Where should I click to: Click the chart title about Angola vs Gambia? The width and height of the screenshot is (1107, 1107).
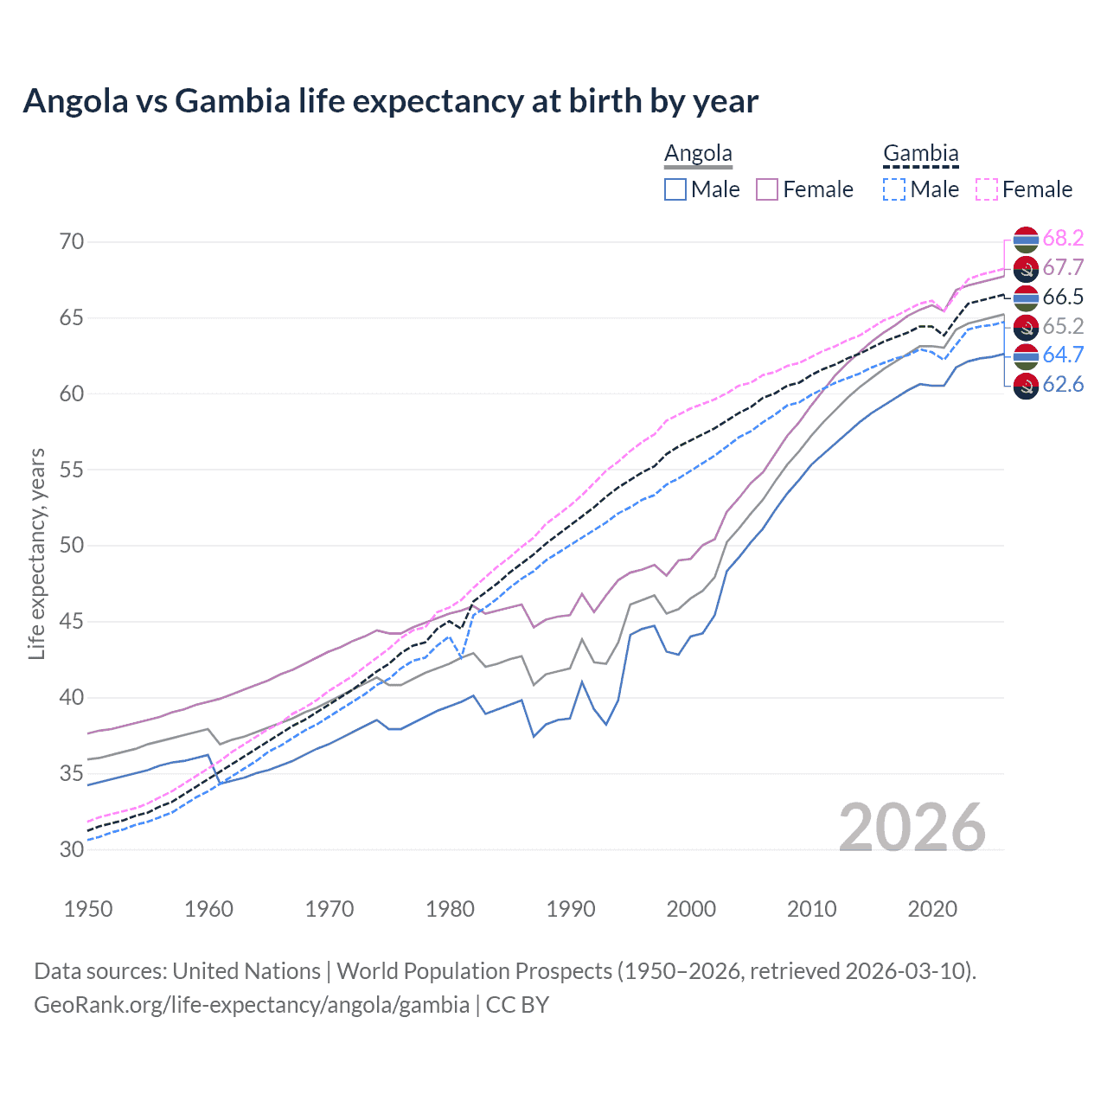pos(390,101)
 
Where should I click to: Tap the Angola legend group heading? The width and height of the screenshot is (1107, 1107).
pos(698,154)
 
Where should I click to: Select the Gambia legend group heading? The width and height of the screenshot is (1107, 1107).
pos(920,154)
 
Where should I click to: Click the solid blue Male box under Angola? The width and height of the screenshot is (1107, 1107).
pos(675,189)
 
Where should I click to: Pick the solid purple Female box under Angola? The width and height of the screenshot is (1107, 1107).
pos(767,189)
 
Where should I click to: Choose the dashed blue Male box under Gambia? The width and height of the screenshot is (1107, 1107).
pos(894,189)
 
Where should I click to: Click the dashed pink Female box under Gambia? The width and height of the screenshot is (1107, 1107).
pos(987,189)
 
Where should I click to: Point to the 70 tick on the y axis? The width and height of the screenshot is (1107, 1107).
pos(72,241)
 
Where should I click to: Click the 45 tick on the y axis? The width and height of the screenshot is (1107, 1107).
pos(72,621)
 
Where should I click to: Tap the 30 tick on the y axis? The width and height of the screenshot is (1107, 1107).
pos(72,849)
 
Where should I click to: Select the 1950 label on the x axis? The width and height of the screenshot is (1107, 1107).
pos(88,909)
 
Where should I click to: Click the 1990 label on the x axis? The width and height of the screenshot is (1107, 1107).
pos(571,909)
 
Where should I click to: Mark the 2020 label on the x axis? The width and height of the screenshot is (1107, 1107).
pos(932,909)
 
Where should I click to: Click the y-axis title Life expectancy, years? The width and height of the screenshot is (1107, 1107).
pos(36,553)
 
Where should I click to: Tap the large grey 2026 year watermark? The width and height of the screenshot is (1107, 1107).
pos(912,828)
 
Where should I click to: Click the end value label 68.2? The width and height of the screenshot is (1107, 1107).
pos(1063,239)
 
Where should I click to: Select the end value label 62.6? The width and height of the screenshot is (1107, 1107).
pos(1063,385)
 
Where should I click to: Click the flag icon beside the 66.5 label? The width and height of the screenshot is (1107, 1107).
pos(1026,298)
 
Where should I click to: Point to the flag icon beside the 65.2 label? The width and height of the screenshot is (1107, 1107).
pos(1026,327)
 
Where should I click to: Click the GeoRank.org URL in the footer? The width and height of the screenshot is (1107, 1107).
pos(251,1005)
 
